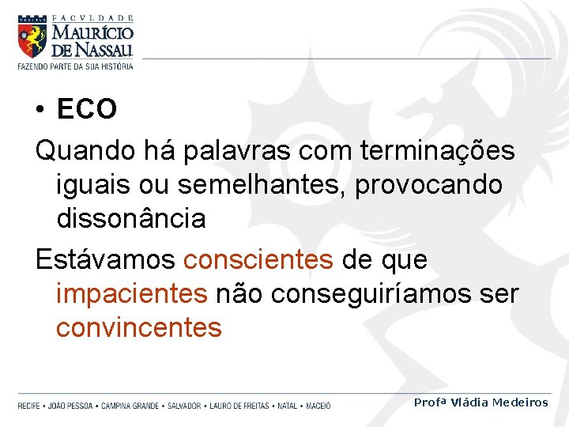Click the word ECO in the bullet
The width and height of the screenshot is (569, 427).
pyautogui.click(x=87, y=110)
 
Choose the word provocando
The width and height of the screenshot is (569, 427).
pyautogui.click(x=429, y=184)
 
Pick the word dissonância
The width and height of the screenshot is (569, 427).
pyautogui.click(x=130, y=218)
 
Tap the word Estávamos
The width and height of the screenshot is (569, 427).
pyautogui.click(x=106, y=259)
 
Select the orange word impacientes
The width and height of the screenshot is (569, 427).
pyautogui.click(x=131, y=293)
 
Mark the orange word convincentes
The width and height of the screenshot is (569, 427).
pyautogui.click(x=138, y=327)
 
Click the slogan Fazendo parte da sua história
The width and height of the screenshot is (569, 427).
pyautogui.click(x=75, y=66)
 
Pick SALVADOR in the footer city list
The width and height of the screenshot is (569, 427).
pyautogui.click(x=183, y=406)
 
